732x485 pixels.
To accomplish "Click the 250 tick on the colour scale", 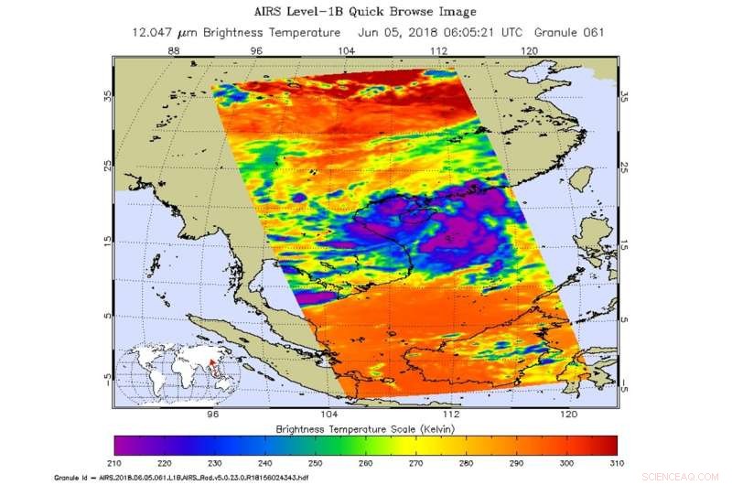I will pos(317,463).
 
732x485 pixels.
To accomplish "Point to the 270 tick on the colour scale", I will pos(416,463).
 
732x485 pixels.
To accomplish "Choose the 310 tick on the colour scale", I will pos(615,463).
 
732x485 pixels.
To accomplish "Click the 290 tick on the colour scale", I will pos(516,463).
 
